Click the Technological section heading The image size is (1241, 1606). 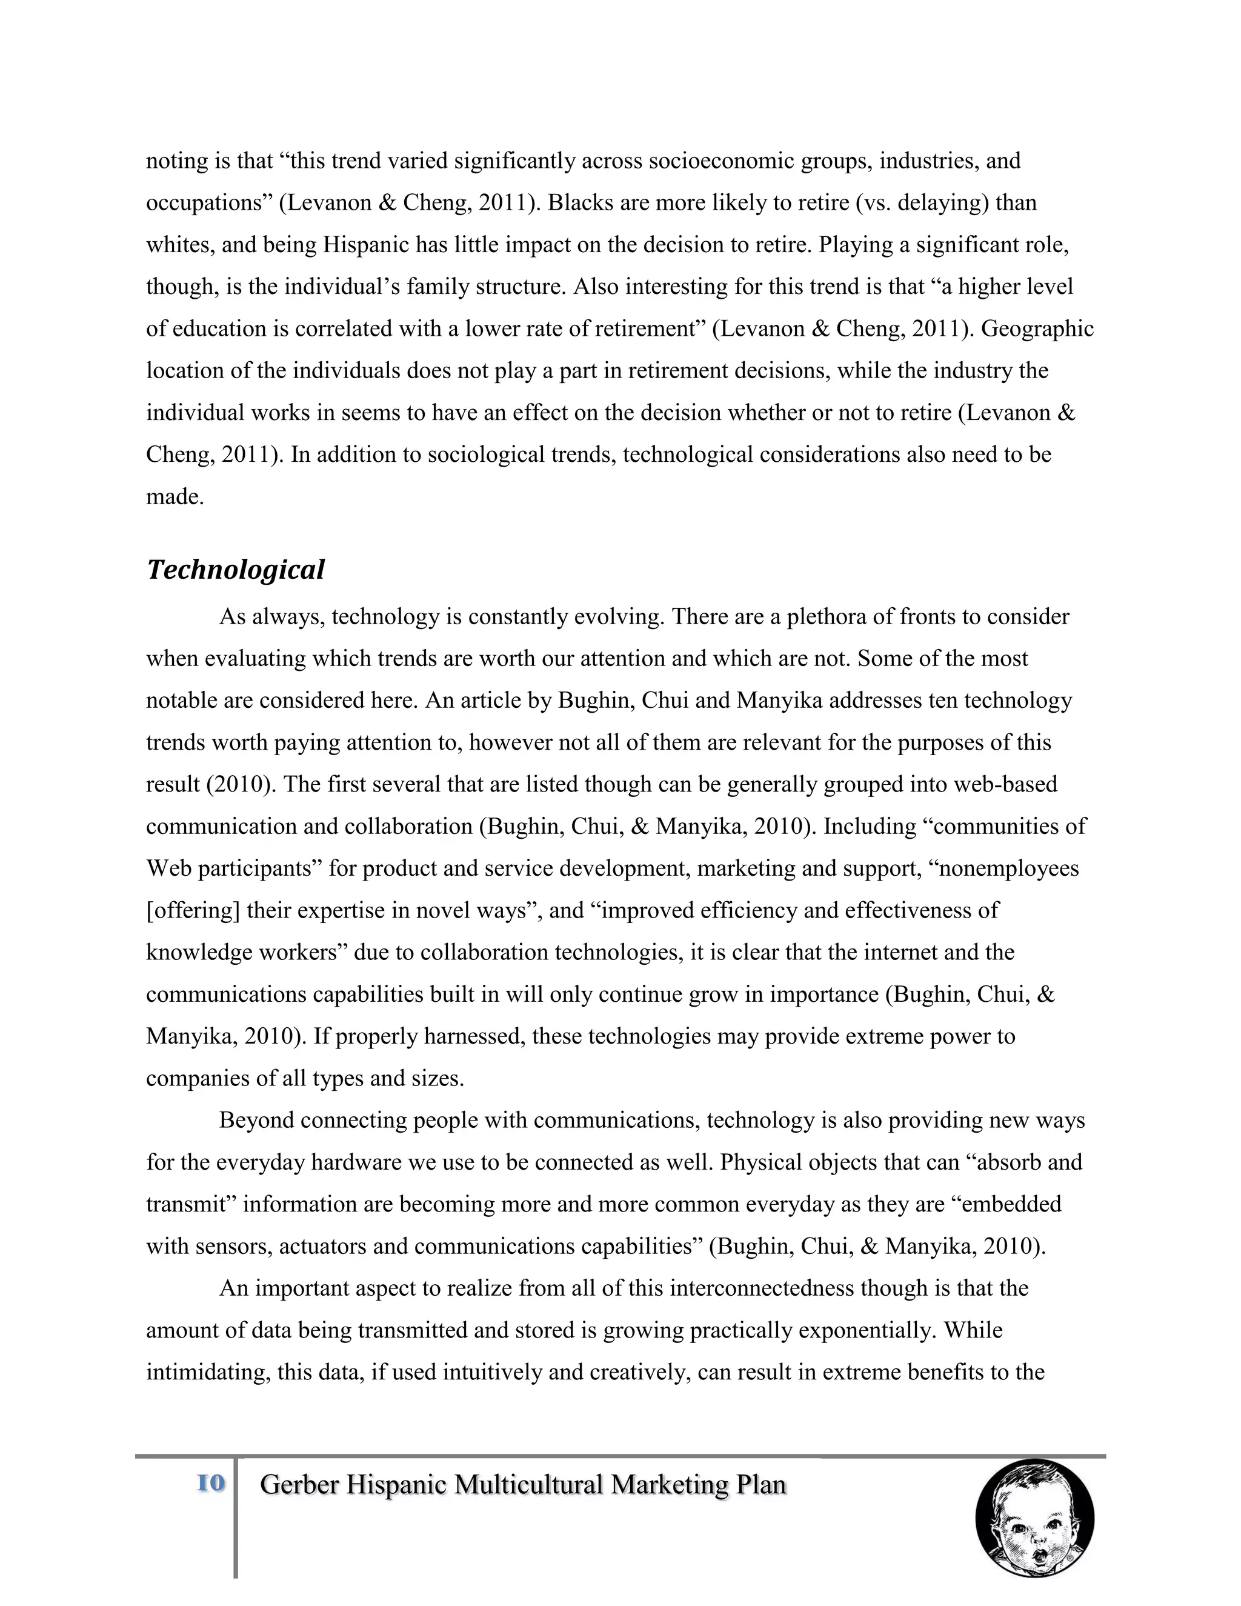(235, 570)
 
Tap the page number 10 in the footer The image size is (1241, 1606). (211, 1483)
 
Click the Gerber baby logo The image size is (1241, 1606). (1034, 1519)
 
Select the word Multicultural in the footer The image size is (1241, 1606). (530, 1485)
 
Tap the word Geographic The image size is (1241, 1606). (1037, 328)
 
